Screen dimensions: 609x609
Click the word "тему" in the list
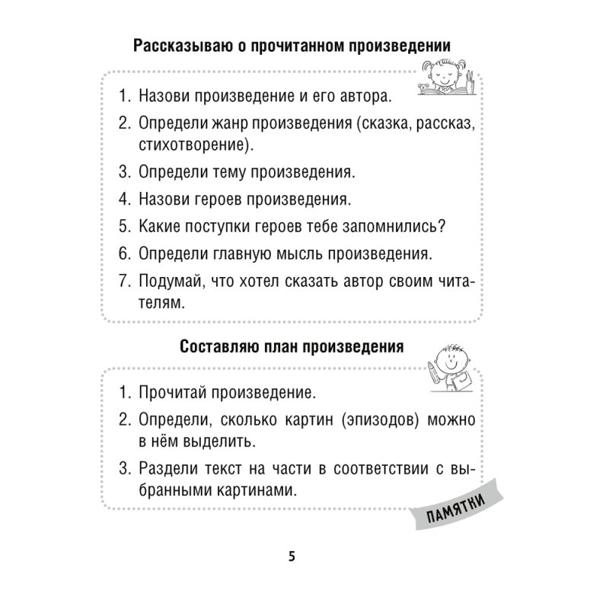(231, 173)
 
